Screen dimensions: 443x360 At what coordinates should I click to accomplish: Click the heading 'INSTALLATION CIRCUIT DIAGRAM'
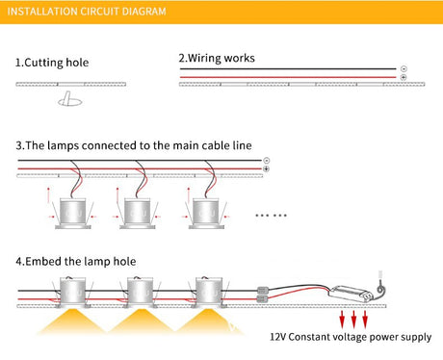pos(87,12)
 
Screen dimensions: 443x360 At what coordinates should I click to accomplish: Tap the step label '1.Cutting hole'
pos(52,63)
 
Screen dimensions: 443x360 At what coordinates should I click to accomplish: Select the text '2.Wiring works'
pos(217,58)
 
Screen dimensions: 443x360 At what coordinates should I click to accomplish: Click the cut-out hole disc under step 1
pos(70,101)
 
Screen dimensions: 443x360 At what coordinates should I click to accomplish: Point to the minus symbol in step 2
pos(404,68)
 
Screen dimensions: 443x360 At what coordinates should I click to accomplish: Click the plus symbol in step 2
pos(404,77)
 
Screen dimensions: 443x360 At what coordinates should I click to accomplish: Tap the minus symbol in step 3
pos(266,161)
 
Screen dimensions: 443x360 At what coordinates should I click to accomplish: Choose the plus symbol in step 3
pos(266,169)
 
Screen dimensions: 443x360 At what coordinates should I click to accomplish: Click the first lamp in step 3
pos(73,214)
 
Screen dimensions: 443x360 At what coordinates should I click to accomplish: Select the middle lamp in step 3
pos(138,214)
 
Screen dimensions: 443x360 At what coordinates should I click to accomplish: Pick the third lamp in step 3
pos(206,214)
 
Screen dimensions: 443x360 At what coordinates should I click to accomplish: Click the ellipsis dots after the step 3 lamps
pos(271,216)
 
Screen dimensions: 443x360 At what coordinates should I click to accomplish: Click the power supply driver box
pos(351,294)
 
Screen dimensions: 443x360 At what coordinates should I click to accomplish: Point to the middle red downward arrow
pos(353,320)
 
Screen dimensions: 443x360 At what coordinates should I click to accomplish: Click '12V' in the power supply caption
pos(277,337)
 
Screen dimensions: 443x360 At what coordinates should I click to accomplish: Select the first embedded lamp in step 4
pos(72,292)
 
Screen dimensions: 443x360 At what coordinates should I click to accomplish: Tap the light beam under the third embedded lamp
pos(209,321)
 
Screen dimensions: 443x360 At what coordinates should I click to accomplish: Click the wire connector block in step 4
pos(262,296)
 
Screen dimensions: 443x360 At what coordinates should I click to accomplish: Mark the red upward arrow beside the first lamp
pos(48,195)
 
